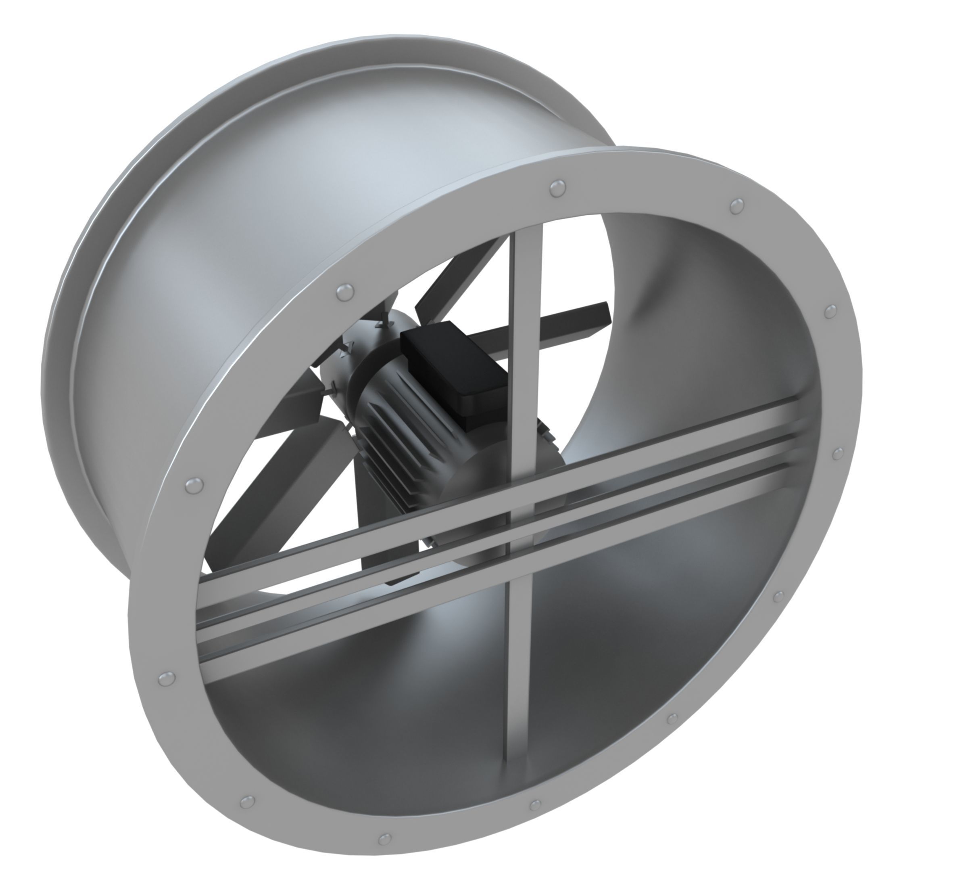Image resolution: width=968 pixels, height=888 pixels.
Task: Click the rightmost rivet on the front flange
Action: [x=838, y=454]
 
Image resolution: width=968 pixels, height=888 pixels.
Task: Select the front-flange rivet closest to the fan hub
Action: [x=345, y=291]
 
